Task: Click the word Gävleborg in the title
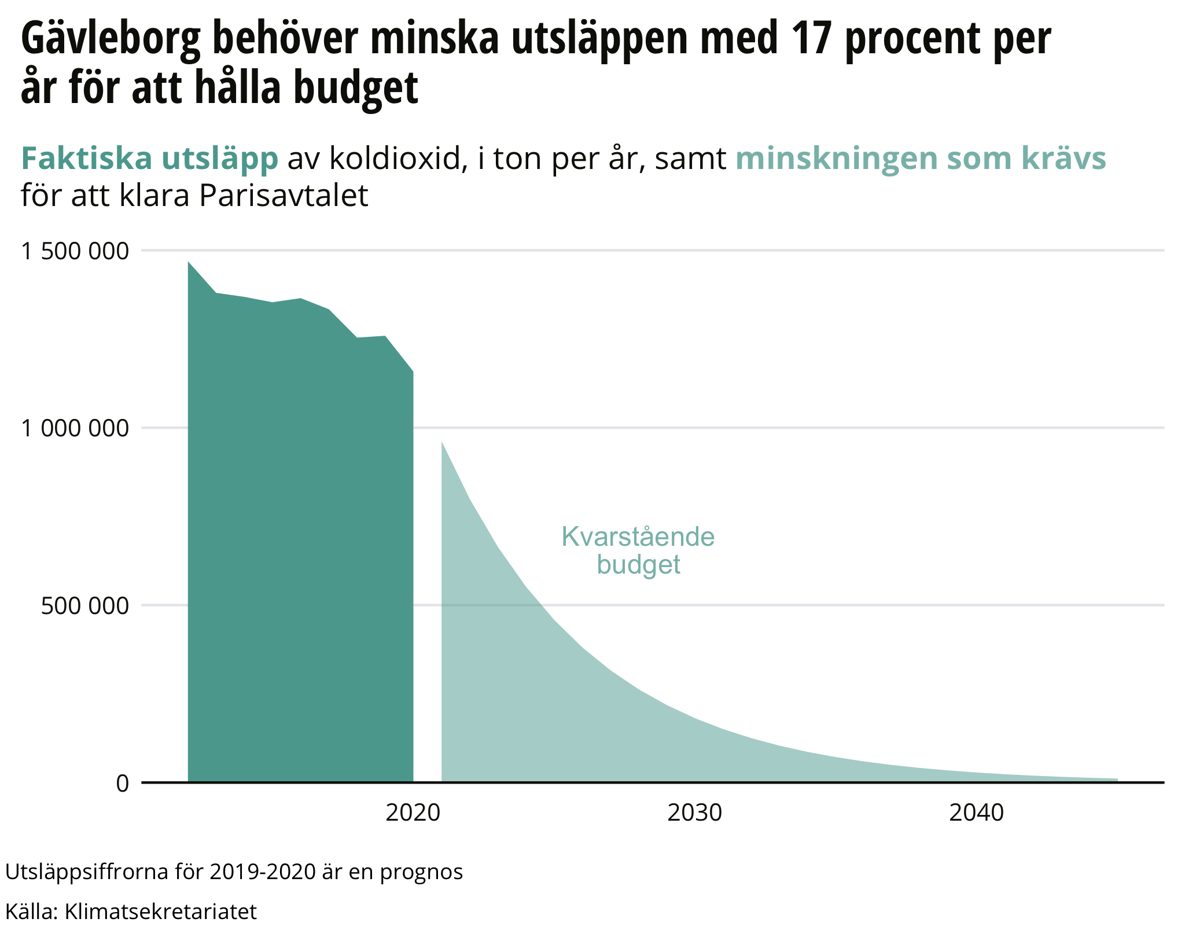coord(111,39)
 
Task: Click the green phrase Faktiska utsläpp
coord(149,159)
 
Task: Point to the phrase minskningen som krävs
coord(921,159)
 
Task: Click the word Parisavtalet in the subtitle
coord(284,196)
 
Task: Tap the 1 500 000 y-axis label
coord(74,251)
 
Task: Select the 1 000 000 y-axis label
coord(74,428)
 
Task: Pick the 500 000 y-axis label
coord(84,606)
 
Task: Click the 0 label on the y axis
coord(122,784)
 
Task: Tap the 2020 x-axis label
coord(413,813)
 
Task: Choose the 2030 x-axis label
coord(694,813)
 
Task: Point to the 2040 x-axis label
coord(976,813)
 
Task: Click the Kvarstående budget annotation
coord(638,550)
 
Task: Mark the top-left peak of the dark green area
coord(189,262)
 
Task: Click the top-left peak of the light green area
coord(442,442)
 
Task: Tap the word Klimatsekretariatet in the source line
coord(160,912)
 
